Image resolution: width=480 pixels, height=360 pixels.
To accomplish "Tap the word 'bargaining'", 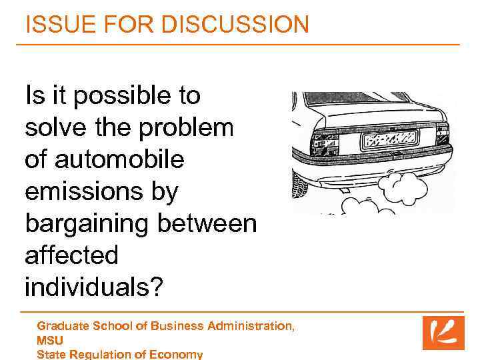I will pos(87,224).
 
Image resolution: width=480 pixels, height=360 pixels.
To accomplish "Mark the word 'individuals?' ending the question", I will pos(94,287).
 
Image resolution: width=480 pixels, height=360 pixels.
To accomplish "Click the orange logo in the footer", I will pos(443,333).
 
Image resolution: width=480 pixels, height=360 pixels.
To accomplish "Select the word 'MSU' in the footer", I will pos(50,340).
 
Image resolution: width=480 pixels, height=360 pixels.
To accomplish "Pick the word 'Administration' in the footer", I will pos(249,326).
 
